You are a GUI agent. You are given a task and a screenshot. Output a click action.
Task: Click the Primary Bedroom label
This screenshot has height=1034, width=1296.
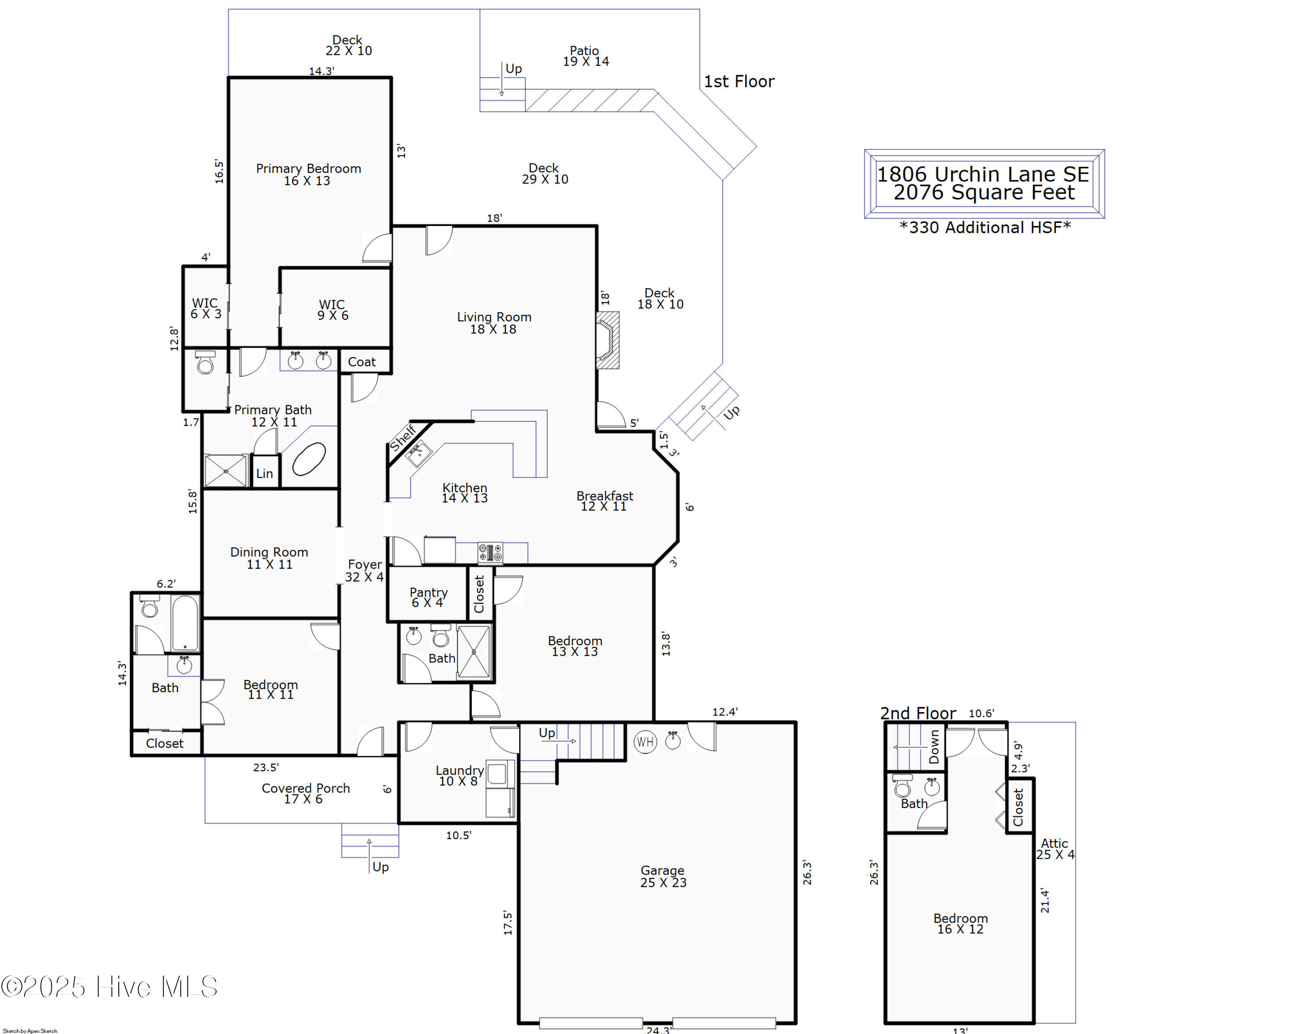(308, 174)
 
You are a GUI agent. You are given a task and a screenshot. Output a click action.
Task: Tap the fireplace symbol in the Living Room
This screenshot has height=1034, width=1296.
(607, 340)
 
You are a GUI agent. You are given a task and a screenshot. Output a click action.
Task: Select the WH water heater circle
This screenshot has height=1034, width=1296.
(645, 742)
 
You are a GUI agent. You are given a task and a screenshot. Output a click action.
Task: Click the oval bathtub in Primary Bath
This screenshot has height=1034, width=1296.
(309, 459)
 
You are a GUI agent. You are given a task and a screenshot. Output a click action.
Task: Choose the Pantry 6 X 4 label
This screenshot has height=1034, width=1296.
(429, 597)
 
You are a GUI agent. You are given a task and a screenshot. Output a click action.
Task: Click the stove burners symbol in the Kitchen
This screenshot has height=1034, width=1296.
(490, 552)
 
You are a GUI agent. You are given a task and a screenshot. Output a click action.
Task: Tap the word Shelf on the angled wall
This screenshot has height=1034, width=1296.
(403, 438)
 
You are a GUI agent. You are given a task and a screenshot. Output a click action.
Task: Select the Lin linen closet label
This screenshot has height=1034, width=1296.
(264, 473)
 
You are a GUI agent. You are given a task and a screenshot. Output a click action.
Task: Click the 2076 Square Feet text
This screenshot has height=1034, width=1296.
(984, 192)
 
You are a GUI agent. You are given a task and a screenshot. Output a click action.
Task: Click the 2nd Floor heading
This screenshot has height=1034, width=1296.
(918, 713)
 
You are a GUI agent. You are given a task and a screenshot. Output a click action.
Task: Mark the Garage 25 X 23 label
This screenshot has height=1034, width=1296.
(663, 876)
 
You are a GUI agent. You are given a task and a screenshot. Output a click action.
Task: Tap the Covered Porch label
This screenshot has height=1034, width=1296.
(305, 793)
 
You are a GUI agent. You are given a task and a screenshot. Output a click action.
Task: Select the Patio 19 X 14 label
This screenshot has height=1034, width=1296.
(585, 56)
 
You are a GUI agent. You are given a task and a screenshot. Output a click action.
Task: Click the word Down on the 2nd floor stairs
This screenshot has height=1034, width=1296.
(934, 747)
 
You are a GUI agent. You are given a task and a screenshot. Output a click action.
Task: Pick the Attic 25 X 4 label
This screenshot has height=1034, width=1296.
(1055, 849)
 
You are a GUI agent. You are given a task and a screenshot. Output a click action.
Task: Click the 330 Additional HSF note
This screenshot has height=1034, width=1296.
(985, 227)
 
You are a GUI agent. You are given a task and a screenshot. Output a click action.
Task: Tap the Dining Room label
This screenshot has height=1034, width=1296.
(269, 558)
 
